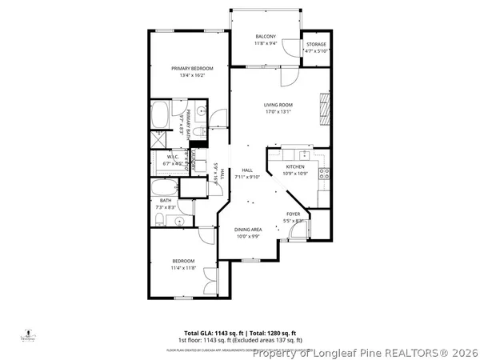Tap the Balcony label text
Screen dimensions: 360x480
266,37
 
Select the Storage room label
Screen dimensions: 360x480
316,44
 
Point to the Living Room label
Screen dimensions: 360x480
279,105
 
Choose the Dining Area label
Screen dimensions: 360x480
247,230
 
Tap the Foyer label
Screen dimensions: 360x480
293,214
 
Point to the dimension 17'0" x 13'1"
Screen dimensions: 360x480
279,112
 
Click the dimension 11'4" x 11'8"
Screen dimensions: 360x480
184,268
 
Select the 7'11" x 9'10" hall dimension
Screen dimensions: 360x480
247,177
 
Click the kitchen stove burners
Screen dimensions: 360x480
322,170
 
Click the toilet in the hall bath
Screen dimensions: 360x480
159,218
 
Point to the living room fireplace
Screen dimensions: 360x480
324,104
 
